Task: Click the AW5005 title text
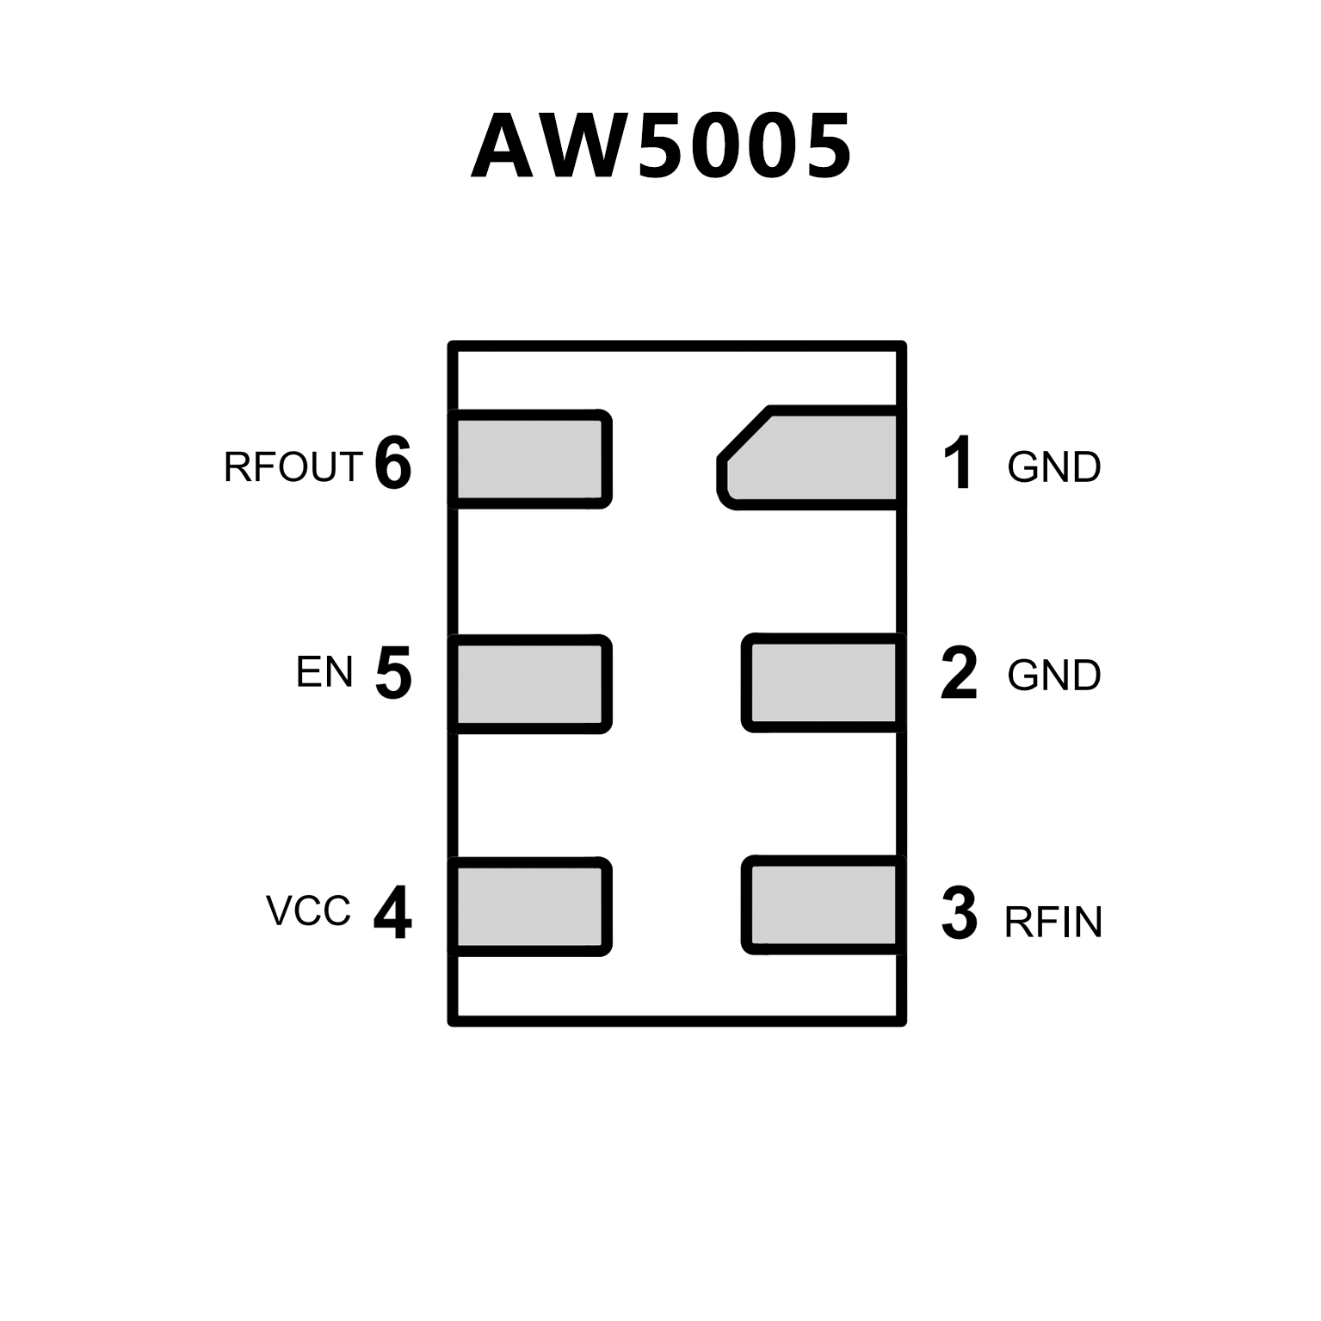(x=661, y=146)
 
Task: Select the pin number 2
(x=959, y=673)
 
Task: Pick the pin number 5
(x=393, y=673)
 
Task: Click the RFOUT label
(x=293, y=467)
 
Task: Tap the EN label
(x=324, y=672)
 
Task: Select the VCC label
(x=308, y=911)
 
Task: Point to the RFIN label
(x=1053, y=923)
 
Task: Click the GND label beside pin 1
(x=1054, y=467)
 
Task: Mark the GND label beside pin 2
(x=1054, y=676)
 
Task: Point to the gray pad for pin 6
(x=529, y=459)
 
